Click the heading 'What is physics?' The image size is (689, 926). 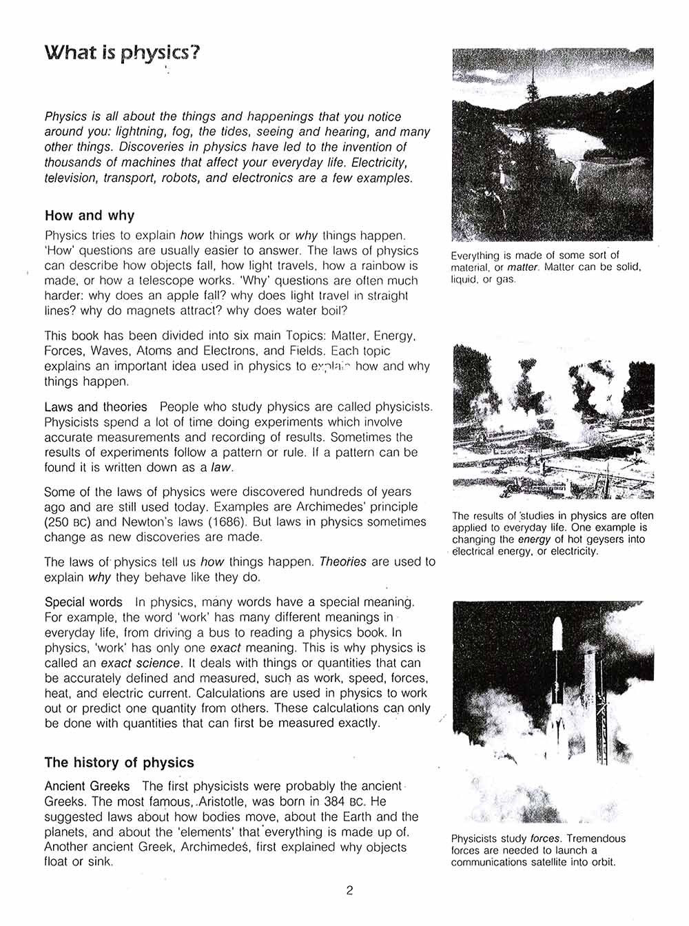[x=122, y=53]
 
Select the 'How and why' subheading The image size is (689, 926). [x=90, y=216]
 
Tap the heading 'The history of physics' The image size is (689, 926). [x=119, y=763]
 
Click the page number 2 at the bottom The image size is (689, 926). [x=349, y=890]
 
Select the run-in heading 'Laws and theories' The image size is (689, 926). [x=96, y=407]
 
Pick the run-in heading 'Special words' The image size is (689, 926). [x=83, y=602]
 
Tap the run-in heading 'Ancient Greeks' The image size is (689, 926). [x=87, y=786]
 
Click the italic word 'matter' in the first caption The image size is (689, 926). [x=524, y=267]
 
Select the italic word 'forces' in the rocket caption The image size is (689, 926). [x=544, y=838]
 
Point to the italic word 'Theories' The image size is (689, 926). [x=342, y=562]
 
